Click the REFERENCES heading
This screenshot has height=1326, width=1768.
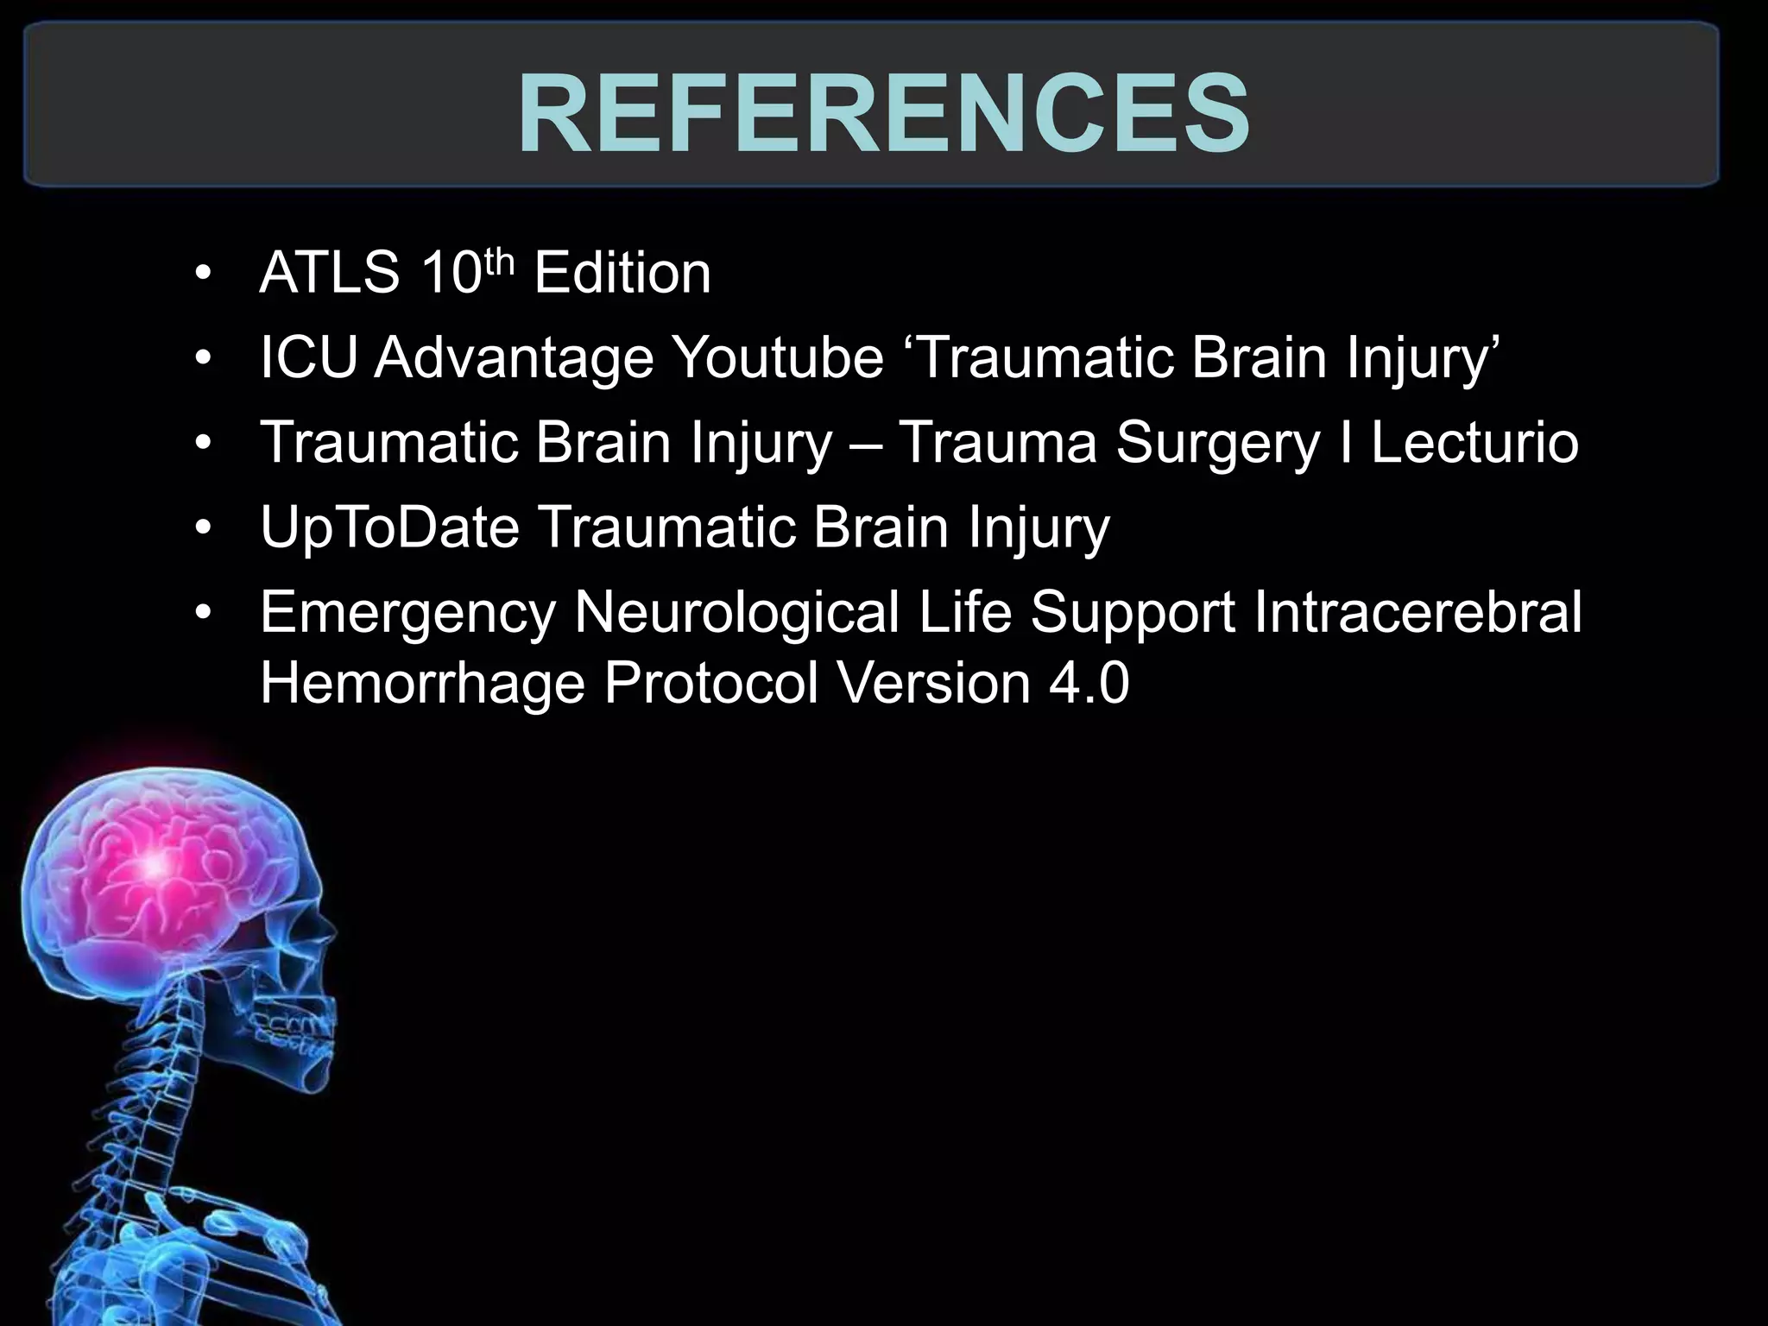tap(884, 112)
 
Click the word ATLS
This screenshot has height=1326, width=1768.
tap(329, 273)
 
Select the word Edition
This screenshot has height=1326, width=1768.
tap(622, 273)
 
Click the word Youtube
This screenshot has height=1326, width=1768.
tap(778, 357)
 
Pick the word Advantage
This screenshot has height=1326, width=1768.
tap(514, 357)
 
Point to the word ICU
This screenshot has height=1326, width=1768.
tap(307, 357)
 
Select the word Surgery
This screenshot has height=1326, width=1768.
tap(1217, 442)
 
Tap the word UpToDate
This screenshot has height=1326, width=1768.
tap(390, 527)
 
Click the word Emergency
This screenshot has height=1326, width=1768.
tap(407, 613)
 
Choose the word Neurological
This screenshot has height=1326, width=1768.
tap(737, 613)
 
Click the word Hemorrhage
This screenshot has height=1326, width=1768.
tap(422, 684)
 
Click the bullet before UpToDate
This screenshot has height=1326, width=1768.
tap(203, 528)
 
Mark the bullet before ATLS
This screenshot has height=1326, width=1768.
tap(203, 275)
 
